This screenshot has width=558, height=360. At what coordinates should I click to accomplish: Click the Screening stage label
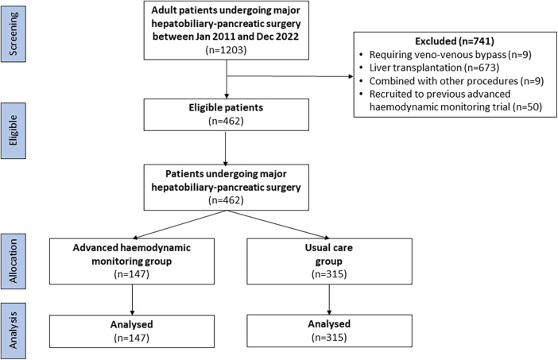coord(14,33)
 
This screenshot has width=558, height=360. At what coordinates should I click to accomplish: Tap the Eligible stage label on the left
coord(14,130)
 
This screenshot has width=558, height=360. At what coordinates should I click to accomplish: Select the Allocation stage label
coord(14,261)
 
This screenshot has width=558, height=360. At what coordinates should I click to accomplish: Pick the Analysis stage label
coord(14,331)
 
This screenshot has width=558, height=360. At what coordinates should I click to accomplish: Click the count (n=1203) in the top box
coord(226,50)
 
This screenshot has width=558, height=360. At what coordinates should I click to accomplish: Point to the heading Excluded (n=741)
coord(455,41)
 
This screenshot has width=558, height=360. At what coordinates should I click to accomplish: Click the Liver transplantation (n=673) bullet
coord(434,68)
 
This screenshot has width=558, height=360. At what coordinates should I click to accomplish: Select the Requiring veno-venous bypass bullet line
coord(450,54)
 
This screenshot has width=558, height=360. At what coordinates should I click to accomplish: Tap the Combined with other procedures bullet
coord(456,81)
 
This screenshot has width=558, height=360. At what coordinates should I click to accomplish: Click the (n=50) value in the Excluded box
coord(527,107)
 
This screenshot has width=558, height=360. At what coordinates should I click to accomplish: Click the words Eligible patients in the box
coord(226,107)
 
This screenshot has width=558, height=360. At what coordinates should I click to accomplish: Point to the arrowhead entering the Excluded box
coord(351,76)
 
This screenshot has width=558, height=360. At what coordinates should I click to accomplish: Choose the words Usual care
coord(329,248)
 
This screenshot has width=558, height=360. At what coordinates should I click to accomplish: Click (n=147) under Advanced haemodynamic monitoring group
coord(132,274)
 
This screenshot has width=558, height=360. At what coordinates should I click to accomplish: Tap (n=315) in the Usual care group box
coord(329,274)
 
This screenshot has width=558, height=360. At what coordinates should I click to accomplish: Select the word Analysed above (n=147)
coord(132,324)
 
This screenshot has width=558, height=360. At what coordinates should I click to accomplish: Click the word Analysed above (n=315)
coord(329,324)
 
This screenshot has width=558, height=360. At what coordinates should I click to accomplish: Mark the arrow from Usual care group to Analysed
coord(329,300)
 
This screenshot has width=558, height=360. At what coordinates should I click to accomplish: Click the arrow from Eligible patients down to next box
coord(226,148)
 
